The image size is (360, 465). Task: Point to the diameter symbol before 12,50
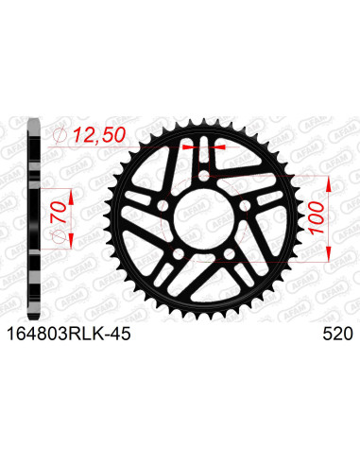click(61, 139)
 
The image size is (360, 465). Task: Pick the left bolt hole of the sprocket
click(163, 208)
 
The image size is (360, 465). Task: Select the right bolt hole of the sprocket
click(249, 208)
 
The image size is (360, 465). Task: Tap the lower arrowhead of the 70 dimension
click(78, 249)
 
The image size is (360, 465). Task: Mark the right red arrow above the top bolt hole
click(221, 147)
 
